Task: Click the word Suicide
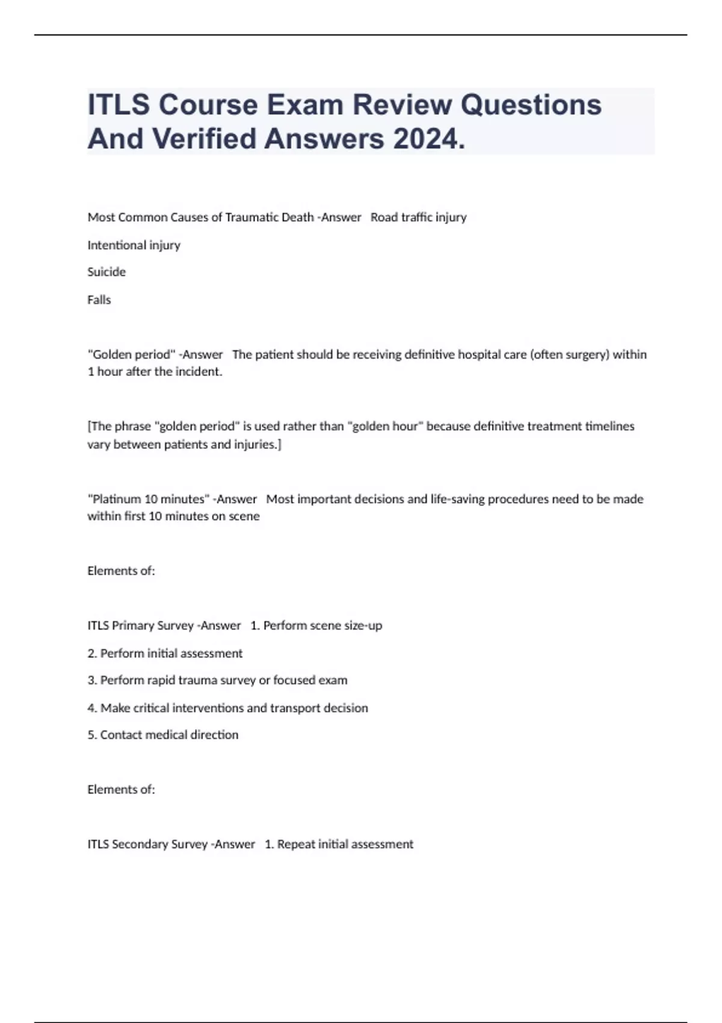click(x=106, y=272)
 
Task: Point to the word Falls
click(x=99, y=300)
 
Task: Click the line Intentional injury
click(x=134, y=245)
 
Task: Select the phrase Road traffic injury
click(x=418, y=217)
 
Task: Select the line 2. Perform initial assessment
click(x=165, y=653)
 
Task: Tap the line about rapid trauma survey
click(x=217, y=680)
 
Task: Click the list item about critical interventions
click(x=227, y=708)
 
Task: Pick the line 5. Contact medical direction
click(x=162, y=735)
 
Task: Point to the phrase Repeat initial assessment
click(x=345, y=844)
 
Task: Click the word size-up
click(x=362, y=625)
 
